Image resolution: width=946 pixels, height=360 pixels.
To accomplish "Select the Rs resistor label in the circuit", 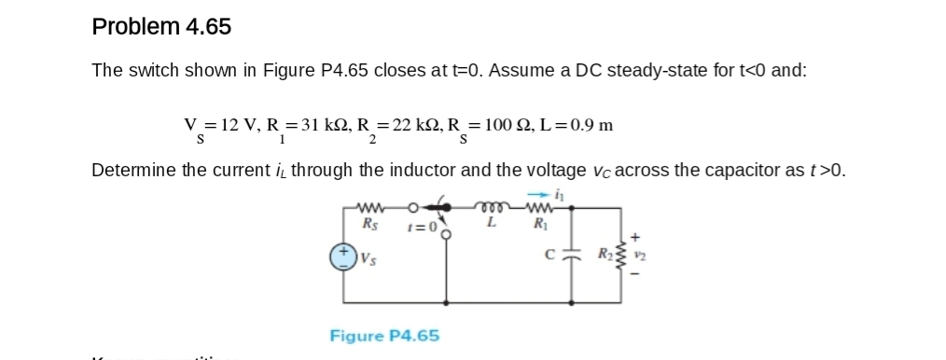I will [x=370, y=224].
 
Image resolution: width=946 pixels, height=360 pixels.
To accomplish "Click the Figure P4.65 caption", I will [x=384, y=335].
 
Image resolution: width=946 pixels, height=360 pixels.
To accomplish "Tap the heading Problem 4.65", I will [x=161, y=27].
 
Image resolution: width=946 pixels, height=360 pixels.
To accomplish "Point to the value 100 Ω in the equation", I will [x=513, y=126].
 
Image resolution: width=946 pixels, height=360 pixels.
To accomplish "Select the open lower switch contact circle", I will [x=446, y=233].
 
